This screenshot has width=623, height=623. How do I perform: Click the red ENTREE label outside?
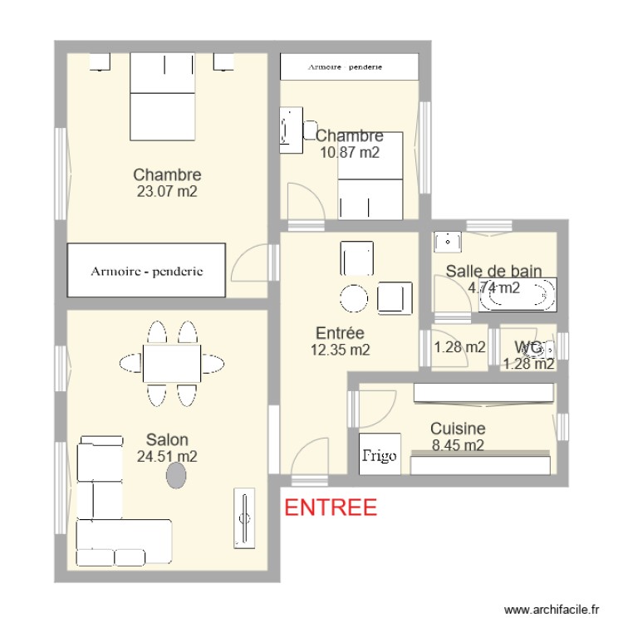[x=331, y=508]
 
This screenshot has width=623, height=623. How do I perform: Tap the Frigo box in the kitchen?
[x=379, y=455]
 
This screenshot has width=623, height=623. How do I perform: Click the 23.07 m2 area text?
[x=167, y=191]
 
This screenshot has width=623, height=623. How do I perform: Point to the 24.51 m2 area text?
[x=167, y=455]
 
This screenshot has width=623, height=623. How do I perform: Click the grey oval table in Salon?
[x=176, y=475]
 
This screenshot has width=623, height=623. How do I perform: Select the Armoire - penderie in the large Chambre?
[x=147, y=271]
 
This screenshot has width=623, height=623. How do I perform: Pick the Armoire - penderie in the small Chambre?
[x=349, y=66]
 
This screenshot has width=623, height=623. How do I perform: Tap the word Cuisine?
[x=458, y=429]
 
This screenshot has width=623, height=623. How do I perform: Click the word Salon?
[x=167, y=439]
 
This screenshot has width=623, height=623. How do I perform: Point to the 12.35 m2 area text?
[x=340, y=350]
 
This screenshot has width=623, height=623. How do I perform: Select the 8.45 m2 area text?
[x=458, y=445]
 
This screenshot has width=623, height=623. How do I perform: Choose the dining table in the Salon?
[x=172, y=362]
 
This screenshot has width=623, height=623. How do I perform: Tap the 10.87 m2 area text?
[x=349, y=152]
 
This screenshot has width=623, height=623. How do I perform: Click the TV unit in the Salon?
[x=244, y=519]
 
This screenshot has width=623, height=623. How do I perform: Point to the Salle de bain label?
[x=494, y=271]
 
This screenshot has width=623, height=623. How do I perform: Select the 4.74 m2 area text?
[x=494, y=288]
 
